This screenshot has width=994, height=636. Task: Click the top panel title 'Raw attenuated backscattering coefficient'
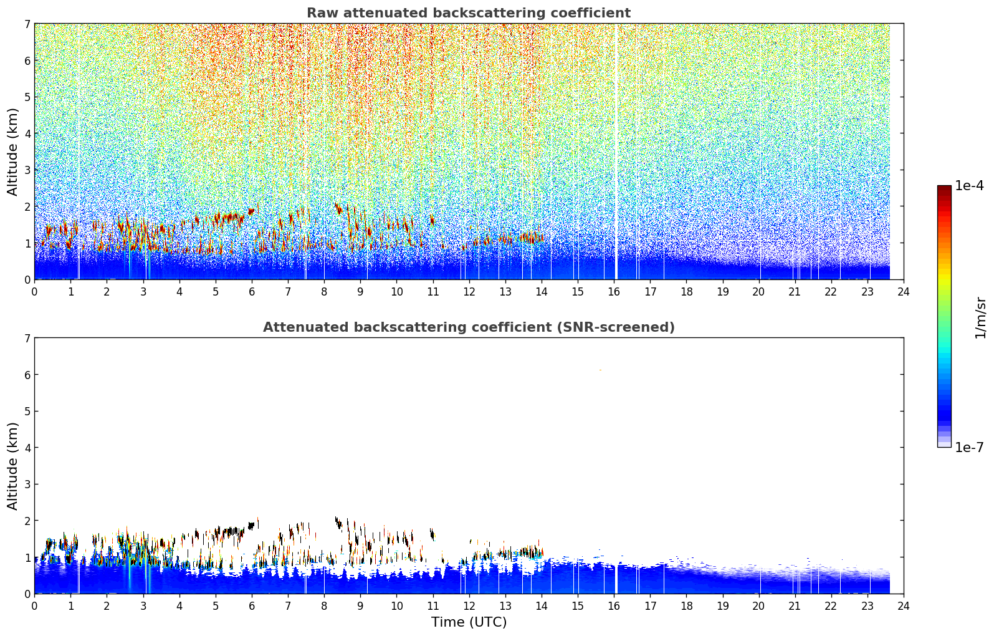[469, 13]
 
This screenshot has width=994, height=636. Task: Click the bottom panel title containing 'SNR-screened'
[469, 327]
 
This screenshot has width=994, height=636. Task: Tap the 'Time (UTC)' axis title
[469, 622]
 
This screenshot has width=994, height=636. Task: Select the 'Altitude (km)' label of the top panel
[12, 152]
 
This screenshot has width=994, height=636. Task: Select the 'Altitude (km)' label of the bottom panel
[12, 466]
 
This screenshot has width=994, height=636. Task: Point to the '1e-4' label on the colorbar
[969, 186]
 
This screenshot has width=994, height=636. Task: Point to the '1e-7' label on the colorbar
[969, 447]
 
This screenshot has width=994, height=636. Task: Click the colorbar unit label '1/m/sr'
[980, 318]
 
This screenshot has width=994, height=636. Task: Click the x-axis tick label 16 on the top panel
[614, 292]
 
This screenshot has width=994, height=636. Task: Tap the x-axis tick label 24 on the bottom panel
[904, 606]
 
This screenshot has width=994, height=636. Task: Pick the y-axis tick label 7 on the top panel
[27, 24]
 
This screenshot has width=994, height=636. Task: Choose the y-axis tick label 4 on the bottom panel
[27, 448]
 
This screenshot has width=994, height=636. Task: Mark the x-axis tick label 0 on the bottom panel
[35, 606]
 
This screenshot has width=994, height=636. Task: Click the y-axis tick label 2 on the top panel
[27, 206]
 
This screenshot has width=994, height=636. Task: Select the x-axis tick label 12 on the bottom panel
[469, 606]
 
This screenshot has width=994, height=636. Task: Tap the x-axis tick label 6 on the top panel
[252, 292]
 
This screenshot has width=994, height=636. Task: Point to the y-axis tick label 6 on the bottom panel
[27, 374]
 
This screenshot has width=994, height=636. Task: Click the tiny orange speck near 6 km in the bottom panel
[600, 370]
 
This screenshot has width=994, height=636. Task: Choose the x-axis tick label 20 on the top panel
[759, 292]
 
